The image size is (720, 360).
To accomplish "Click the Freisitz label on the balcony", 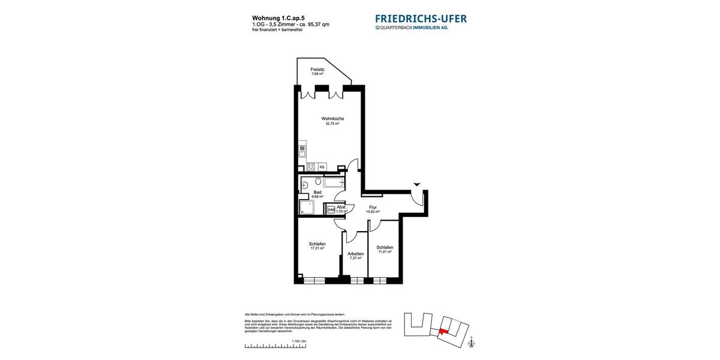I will pyautogui.click(x=317, y=70).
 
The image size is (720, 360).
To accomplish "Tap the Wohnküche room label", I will pyautogui.click(x=332, y=119).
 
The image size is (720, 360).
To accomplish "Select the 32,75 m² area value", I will pyautogui.click(x=332, y=124).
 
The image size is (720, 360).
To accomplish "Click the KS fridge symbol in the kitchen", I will pyautogui.click(x=322, y=167).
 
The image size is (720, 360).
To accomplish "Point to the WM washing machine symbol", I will pyautogui.click(x=331, y=209).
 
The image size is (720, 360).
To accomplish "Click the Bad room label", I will pyautogui.click(x=317, y=192).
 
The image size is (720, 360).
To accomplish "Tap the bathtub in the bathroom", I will pyautogui.click(x=334, y=182).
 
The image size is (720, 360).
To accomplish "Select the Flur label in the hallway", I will pyautogui.click(x=373, y=207).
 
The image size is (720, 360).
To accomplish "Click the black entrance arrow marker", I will pyautogui.click(x=417, y=184).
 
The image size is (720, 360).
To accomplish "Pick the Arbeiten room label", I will pyautogui.click(x=356, y=254).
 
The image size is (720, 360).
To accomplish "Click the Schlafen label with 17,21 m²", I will pyautogui.click(x=317, y=244).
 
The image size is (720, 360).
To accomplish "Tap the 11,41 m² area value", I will pyautogui.click(x=385, y=252).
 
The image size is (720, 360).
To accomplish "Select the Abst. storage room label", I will pyautogui.click(x=341, y=207).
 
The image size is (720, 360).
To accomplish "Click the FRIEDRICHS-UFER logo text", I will pyautogui.click(x=421, y=19).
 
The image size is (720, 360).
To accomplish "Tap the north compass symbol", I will pyautogui.click(x=472, y=343).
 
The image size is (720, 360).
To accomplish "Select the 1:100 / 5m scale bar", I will pyautogui.click(x=275, y=346).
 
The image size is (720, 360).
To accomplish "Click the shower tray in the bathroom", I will pyautogui.click(x=307, y=208).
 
